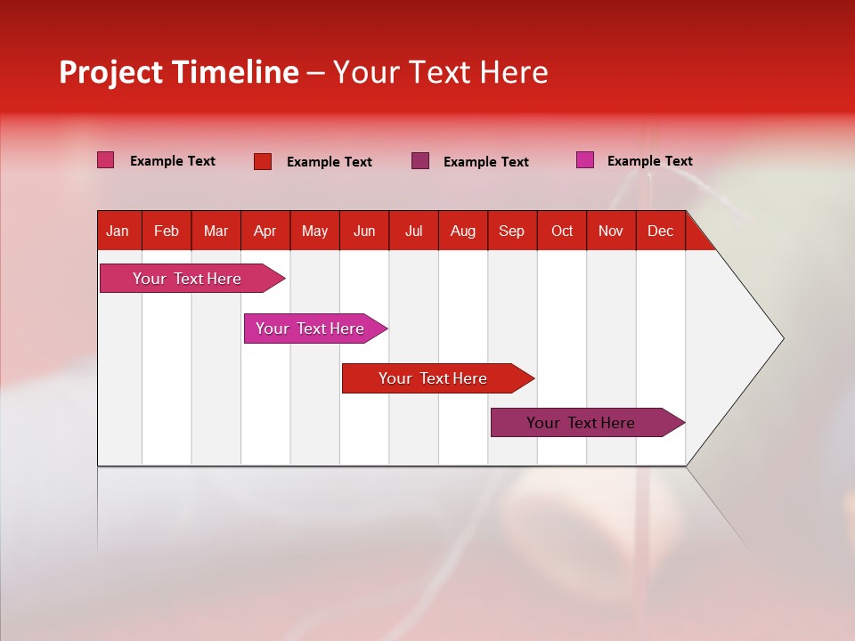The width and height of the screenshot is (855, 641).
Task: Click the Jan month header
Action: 118,231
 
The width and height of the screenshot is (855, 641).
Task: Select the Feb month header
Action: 167,231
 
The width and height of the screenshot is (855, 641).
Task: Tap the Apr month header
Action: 265,231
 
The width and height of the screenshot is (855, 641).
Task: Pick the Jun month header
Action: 364,231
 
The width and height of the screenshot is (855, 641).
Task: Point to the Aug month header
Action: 462,231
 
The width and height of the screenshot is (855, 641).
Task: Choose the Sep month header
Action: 511,231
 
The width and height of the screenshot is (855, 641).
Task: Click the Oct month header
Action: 562,231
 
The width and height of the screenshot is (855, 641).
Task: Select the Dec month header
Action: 660,231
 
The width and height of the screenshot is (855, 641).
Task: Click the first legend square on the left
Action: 105,160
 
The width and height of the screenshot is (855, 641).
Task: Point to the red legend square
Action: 263,161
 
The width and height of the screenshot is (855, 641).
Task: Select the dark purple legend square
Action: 420,161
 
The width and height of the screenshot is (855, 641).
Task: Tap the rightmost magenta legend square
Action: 585,160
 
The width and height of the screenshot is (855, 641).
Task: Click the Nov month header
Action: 611,231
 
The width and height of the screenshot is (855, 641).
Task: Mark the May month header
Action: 314,231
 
